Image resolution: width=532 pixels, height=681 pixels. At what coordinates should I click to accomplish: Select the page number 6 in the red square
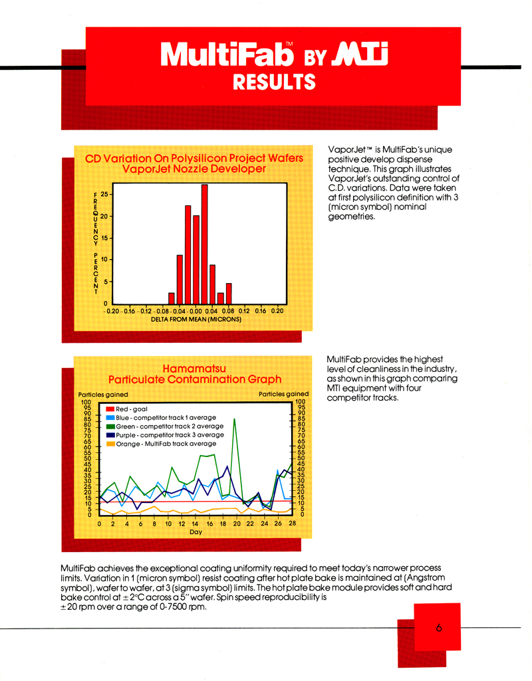(x=440, y=628)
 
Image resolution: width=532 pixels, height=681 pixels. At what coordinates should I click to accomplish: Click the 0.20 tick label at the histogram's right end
(x=277, y=310)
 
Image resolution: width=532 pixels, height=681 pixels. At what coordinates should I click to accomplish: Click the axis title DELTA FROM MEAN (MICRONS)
(x=196, y=320)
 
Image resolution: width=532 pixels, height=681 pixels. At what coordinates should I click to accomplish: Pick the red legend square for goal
(x=110, y=409)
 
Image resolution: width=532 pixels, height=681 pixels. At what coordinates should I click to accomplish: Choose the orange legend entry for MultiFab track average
(x=166, y=443)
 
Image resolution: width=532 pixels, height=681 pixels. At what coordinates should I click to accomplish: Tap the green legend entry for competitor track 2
(x=166, y=426)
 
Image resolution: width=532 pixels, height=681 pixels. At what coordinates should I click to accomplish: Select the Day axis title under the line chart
(x=196, y=532)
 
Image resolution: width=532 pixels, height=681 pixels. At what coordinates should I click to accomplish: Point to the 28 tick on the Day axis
(x=291, y=524)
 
